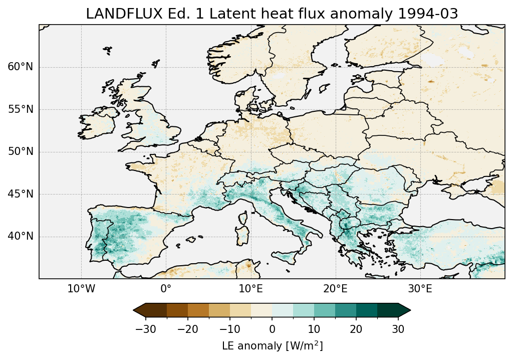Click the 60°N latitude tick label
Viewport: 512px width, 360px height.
click(21, 67)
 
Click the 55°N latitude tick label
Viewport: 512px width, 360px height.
click(21, 109)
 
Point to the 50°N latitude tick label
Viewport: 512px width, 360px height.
click(21, 151)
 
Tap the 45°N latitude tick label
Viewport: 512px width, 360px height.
click(21, 194)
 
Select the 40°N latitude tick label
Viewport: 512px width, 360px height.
click(21, 236)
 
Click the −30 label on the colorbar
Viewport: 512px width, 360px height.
click(145, 329)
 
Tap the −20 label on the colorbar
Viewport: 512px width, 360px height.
click(187, 329)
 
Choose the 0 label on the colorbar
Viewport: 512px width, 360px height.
click(272, 329)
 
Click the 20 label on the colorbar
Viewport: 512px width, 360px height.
click(356, 329)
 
